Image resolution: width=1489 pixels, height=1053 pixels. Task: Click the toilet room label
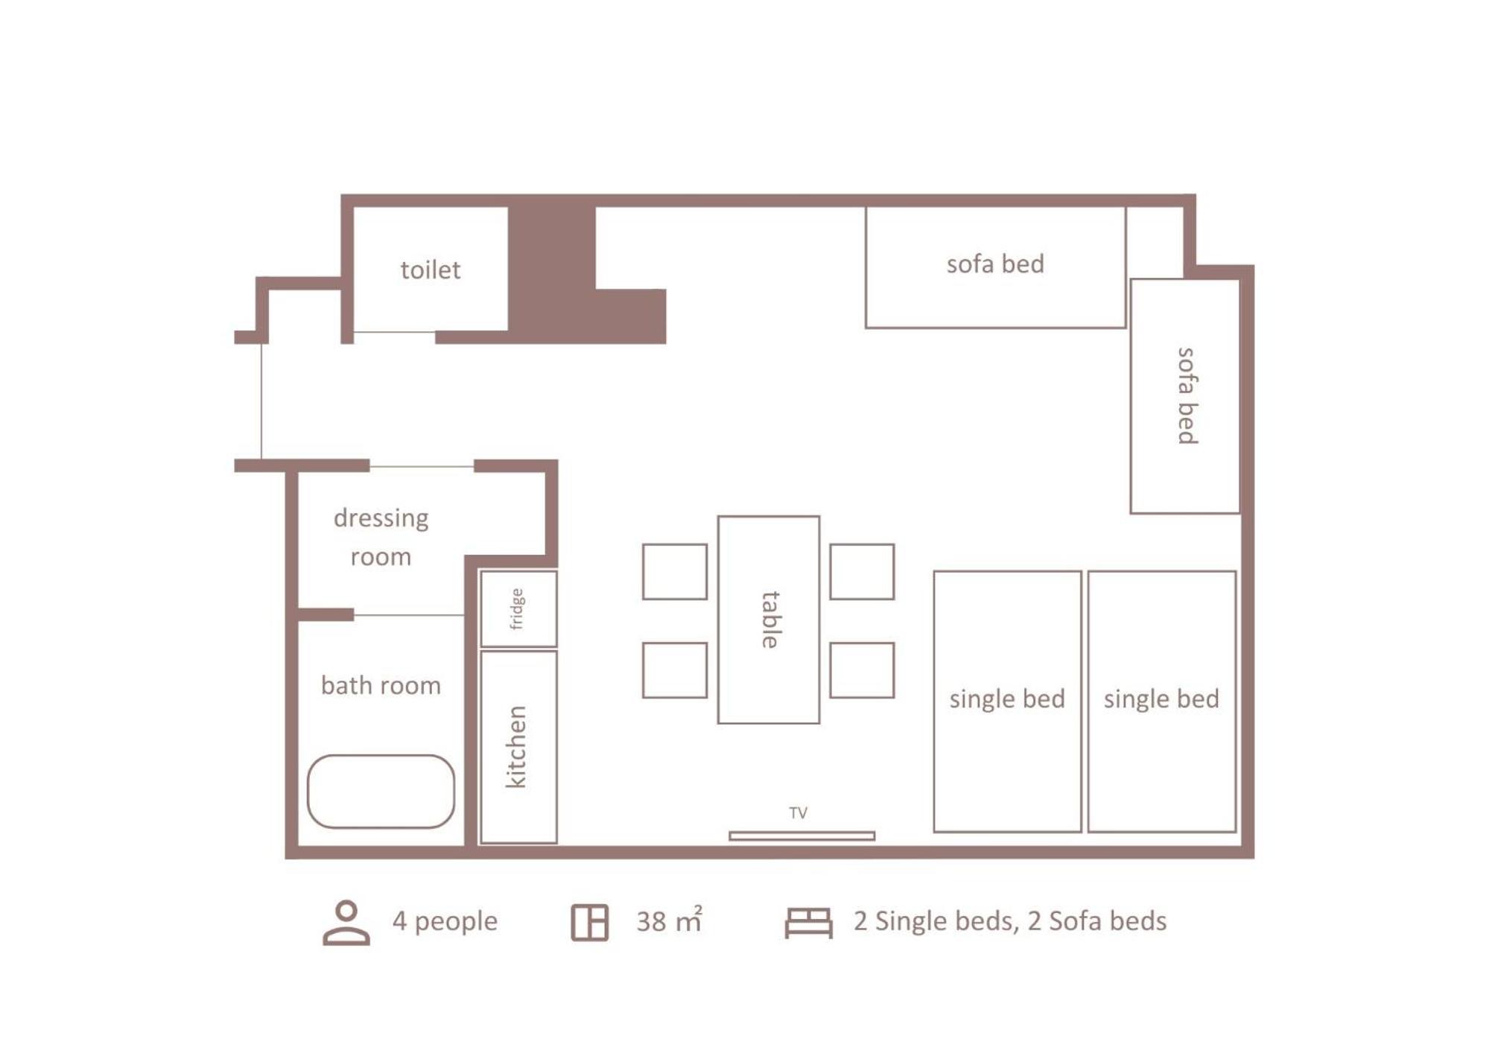click(430, 270)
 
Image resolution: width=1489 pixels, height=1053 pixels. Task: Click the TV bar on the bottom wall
click(801, 836)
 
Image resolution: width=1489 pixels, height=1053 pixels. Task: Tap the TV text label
click(798, 812)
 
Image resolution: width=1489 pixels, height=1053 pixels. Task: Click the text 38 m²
click(669, 920)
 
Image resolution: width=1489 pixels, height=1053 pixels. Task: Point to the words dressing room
click(381, 537)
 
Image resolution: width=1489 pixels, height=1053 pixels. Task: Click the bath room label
click(381, 685)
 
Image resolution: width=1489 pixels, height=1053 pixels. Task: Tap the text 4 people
click(445, 921)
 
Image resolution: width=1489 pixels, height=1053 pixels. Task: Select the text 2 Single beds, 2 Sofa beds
click(1010, 921)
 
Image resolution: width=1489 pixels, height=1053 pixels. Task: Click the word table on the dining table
click(770, 620)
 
